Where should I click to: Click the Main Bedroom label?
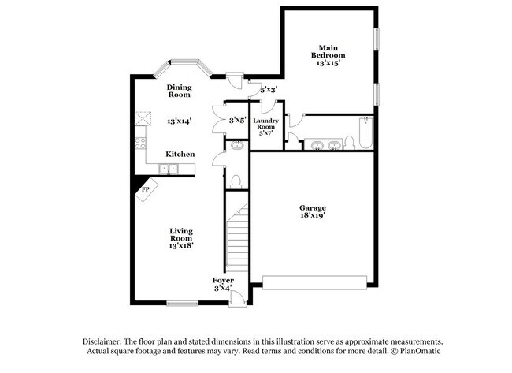click(328, 51)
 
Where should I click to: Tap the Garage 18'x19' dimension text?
click(312, 214)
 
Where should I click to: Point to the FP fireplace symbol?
click(146, 190)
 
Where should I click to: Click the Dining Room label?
click(179, 91)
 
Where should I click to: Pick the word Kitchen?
click(180, 154)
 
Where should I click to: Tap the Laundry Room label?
click(265, 126)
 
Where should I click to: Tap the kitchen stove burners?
click(140, 144)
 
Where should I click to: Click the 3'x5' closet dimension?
click(237, 121)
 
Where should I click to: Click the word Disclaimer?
click(107, 341)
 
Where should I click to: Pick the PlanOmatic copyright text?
click(411, 350)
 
